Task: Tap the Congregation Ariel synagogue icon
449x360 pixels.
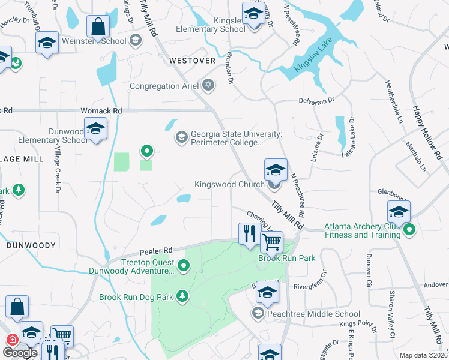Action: point(208,85)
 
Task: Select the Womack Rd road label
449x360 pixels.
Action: point(101,111)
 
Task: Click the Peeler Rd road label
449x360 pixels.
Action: point(156,250)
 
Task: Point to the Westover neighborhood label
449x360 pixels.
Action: point(192,61)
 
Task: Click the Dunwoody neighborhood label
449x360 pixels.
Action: point(31,245)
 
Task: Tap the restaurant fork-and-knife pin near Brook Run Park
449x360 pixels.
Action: point(249,233)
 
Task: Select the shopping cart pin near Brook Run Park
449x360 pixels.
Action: point(272,242)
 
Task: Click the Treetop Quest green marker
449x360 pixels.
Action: point(184,265)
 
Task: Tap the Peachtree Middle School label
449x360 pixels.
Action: point(314,314)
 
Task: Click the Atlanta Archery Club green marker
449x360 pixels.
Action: point(410,229)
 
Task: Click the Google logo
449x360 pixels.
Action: point(20,352)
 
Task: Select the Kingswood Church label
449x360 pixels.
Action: point(229,184)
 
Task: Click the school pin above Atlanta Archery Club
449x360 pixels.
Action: point(399,212)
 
